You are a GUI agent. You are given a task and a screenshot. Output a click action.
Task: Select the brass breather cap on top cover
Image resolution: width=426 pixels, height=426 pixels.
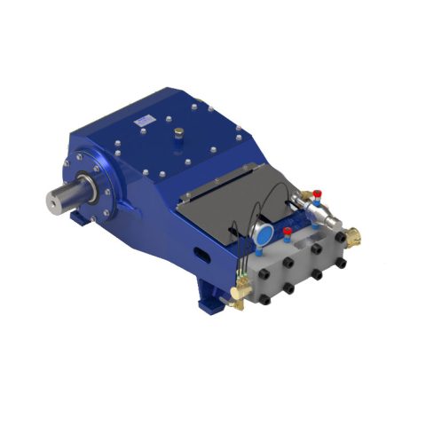179,134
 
